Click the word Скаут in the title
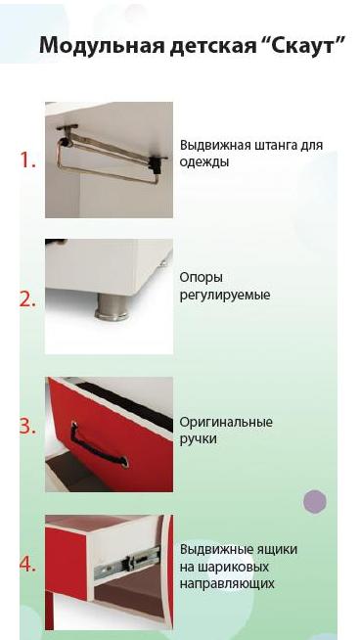point(307,45)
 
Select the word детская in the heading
point(212,46)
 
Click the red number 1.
point(27,160)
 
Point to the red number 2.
point(27,300)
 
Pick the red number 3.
point(27,426)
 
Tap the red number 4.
point(27,565)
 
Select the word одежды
point(204,162)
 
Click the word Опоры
point(202,279)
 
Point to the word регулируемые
point(225,296)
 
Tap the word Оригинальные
point(226,423)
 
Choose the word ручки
point(198,439)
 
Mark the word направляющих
point(227,584)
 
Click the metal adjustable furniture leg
point(112,306)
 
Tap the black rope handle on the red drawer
point(99,445)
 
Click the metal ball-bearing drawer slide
point(127,564)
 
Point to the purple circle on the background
point(315,501)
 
